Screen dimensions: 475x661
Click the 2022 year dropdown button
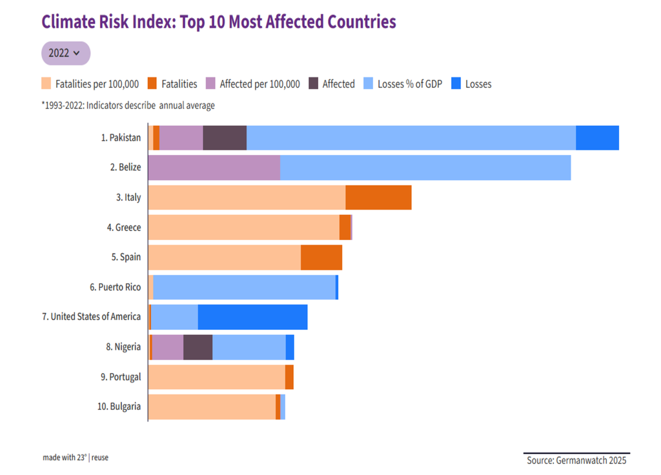pyautogui.click(x=66, y=53)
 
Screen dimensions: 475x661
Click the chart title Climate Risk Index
pyautogui.click(x=218, y=22)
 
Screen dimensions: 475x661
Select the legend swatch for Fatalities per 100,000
pyautogui.click(x=46, y=84)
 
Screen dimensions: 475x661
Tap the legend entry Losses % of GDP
pyautogui.click(x=409, y=84)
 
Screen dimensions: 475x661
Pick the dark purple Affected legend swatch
pyautogui.click(x=314, y=84)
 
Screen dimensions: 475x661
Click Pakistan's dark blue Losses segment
pyautogui.click(x=597, y=138)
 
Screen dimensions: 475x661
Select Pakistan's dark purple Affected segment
pyautogui.click(x=225, y=138)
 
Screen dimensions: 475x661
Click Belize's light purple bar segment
pyautogui.click(x=214, y=168)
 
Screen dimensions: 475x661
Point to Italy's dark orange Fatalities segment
pyautogui.click(x=378, y=197)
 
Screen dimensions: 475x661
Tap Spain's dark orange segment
pyautogui.click(x=321, y=258)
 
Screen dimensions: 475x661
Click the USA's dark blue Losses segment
pyautogui.click(x=252, y=317)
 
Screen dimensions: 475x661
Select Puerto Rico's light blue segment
pyautogui.click(x=244, y=287)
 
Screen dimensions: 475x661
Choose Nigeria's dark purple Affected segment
pyautogui.click(x=198, y=347)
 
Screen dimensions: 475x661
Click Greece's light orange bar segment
pyautogui.click(x=243, y=228)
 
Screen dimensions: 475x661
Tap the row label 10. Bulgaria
pyautogui.click(x=119, y=407)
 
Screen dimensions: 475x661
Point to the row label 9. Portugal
pyautogui.click(x=121, y=377)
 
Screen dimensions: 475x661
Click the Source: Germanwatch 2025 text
pyautogui.click(x=576, y=460)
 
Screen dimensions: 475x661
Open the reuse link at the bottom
pyautogui.click(x=100, y=458)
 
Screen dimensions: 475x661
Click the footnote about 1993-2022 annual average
pyautogui.click(x=128, y=105)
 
